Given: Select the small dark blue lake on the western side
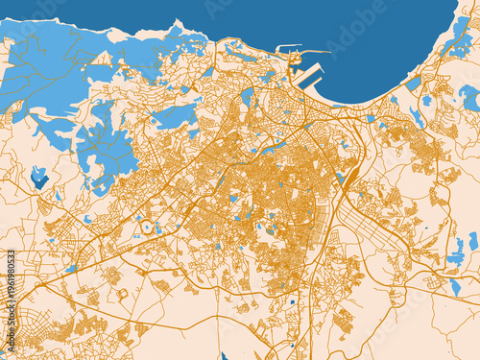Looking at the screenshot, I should point(39,177).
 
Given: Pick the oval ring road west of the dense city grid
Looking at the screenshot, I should point(149,227).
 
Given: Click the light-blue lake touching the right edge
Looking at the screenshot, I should point(469,96).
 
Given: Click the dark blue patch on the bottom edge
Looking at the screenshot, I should point(225,355).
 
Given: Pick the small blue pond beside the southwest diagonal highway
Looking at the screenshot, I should point(73,269).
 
